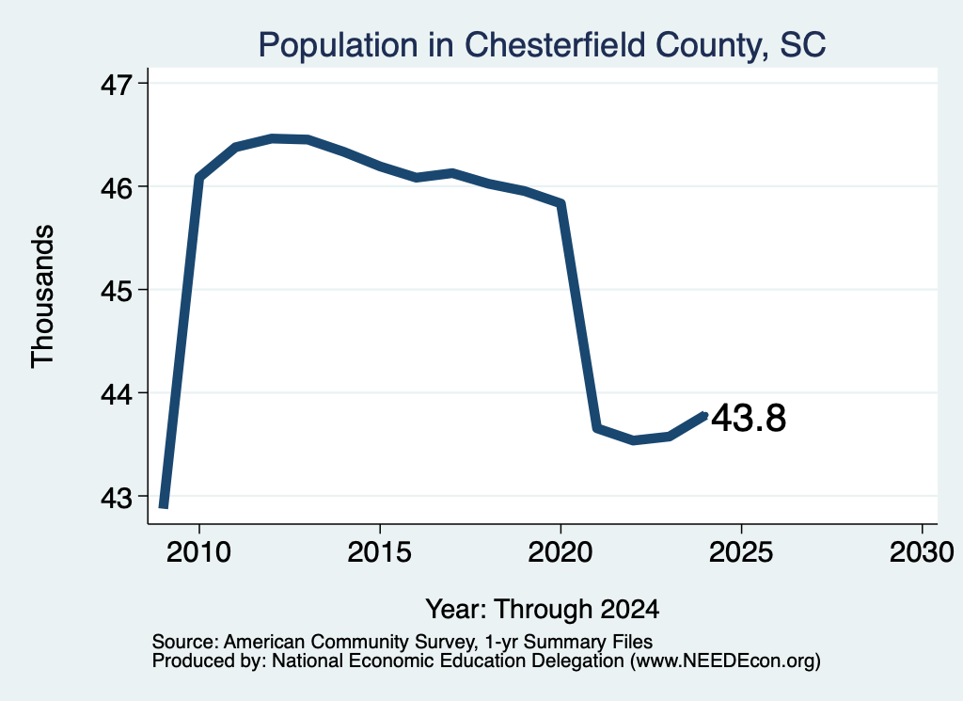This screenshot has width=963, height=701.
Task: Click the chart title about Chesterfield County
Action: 542,45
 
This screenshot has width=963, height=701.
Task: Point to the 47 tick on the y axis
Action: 116,84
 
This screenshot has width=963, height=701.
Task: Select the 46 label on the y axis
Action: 116,187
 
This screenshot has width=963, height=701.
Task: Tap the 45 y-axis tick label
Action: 116,291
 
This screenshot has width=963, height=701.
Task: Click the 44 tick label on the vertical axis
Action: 116,394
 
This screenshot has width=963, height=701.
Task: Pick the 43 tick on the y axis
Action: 116,497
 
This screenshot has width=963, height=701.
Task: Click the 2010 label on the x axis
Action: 198,551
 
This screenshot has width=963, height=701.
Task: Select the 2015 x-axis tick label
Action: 380,551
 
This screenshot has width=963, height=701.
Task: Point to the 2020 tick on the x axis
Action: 560,551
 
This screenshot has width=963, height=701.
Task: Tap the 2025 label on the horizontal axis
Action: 741,551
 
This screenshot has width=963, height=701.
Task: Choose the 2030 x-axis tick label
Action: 922,551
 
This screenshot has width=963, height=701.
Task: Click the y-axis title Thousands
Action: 42,296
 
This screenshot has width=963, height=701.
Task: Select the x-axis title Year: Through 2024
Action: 543,609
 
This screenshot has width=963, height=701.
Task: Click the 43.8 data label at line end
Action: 749,418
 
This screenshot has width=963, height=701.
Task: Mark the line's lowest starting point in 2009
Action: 164,506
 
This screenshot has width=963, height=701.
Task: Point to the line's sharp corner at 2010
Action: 199,178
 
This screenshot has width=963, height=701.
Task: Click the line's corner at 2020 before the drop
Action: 560,203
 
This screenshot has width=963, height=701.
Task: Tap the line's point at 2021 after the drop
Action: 596,427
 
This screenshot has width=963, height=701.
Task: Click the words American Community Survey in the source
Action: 349,642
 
